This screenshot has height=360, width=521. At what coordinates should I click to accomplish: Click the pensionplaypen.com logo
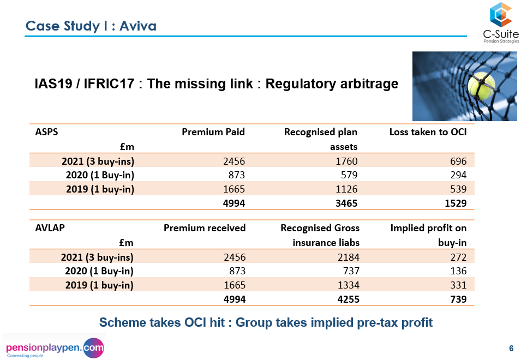[x=55, y=347]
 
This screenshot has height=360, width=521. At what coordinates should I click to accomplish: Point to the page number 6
[x=511, y=349]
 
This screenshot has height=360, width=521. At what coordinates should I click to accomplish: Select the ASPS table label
[x=46, y=131]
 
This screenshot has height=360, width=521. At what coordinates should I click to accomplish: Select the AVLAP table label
[x=50, y=228]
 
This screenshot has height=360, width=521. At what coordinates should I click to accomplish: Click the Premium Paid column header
[x=213, y=131]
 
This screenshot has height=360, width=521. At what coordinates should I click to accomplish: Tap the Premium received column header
[x=205, y=228]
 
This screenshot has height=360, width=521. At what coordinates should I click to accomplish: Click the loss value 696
[x=458, y=161]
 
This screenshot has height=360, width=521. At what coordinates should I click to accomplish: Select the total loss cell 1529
[x=456, y=203]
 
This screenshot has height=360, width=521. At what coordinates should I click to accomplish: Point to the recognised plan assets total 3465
[x=345, y=203]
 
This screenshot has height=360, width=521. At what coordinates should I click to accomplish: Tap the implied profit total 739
[x=457, y=299]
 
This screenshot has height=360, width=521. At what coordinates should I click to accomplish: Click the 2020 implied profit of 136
[x=458, y=271]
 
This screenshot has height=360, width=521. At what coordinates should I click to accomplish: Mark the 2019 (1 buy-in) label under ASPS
[x=99, y=189]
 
